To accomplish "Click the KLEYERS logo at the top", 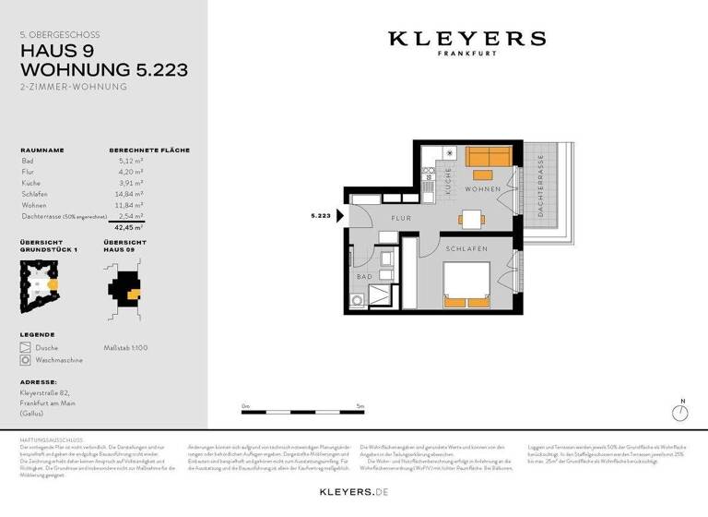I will point(466,40).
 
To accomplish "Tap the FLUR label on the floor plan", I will point(399,219).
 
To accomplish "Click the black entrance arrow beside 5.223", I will point(341,216).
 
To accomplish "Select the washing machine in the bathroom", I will point(358,301).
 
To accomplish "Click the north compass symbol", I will point(682,413).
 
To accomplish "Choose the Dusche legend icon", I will point(26,347).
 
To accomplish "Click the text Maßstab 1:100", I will point(125,347).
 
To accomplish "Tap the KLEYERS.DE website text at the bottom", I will point(354,492).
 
